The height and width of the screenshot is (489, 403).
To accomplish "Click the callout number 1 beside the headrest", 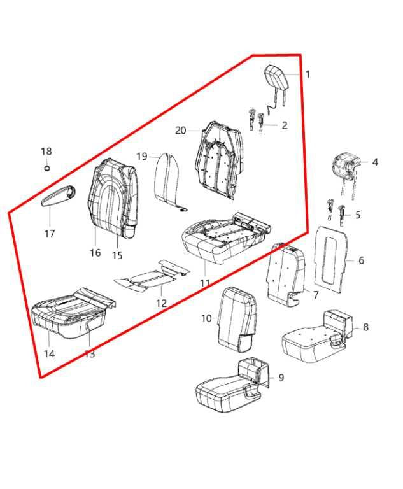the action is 308,75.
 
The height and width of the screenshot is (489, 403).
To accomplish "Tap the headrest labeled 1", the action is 276,80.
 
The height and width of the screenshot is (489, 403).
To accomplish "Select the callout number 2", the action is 285,125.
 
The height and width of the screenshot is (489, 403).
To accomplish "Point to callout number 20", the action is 181,131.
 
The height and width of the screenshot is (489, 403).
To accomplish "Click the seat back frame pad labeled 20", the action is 218,160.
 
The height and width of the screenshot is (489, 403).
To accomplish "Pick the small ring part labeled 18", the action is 46,168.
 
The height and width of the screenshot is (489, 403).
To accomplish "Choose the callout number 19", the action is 142,156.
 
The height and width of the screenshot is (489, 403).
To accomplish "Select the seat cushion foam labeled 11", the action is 225,236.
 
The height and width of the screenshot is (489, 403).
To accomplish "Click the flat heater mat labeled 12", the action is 152,275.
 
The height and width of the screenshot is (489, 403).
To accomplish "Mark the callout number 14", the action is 49,354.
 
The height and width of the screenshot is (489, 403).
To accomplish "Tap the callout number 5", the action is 358,215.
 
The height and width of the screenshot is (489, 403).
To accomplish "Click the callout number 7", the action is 316,295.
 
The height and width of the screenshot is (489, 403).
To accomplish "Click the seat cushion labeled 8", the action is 317,336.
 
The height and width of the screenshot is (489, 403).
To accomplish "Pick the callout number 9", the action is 281,378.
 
